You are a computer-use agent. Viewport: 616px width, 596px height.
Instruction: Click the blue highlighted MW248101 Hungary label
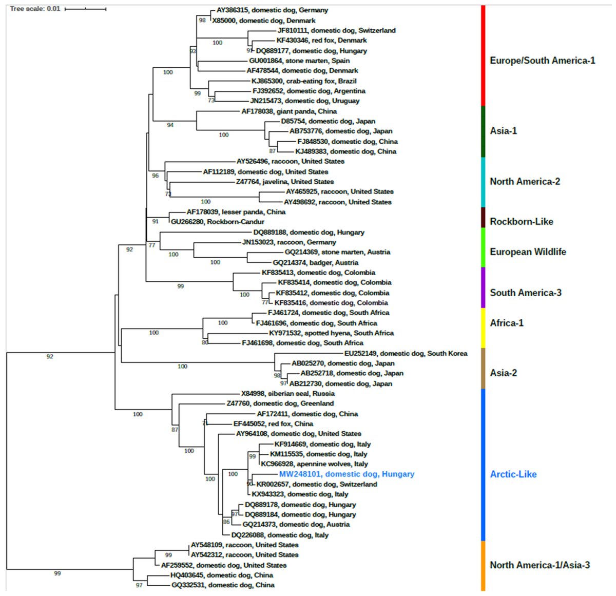coord(346,474)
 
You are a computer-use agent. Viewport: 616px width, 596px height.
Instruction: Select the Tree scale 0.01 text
coord(35,9)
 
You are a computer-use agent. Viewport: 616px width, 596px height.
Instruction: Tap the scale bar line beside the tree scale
coord(85,9)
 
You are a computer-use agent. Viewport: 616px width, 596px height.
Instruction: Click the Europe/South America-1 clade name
coord(542,61)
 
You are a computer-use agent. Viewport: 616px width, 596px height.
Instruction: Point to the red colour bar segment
coord(483,55)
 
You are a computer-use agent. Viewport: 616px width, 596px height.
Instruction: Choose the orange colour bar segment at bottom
coord(483,565)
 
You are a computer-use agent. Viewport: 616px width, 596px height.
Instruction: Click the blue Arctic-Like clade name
coord(513,474)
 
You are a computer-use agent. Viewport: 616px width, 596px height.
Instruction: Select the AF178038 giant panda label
coord(289,111)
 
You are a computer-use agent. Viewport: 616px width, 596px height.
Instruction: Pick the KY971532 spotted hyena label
coord(331,333)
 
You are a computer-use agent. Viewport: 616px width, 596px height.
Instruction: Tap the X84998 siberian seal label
coord(287,394)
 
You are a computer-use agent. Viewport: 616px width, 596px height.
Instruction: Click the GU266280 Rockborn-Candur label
coord(217,222)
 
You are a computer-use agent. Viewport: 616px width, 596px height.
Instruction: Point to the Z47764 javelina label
coord(284,182)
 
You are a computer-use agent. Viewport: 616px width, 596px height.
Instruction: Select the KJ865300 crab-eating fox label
coord(303,81)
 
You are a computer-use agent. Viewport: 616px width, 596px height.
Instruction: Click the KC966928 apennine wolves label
coord(314,464)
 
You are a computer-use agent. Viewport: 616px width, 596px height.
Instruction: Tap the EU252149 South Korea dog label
coord(406,354)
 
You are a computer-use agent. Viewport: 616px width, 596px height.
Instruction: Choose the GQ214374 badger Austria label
coord(315,262)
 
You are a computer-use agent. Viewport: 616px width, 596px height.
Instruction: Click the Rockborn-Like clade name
coord(521,222)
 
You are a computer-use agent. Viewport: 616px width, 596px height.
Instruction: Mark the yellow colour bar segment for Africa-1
coord(483,328)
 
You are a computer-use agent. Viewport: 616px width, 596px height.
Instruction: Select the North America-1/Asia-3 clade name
coord(540,565)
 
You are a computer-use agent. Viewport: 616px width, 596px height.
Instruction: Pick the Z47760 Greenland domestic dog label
coord(280,403)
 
